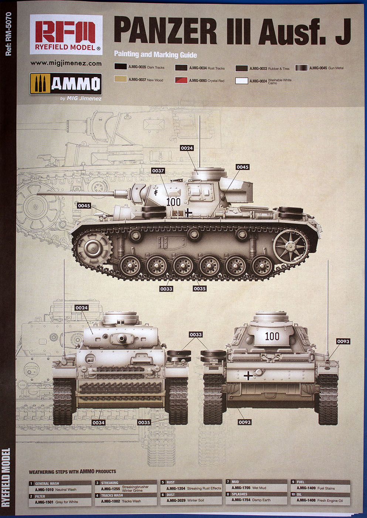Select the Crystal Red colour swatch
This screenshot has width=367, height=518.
tap(181, 80)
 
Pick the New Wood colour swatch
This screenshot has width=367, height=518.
tap(120, 80)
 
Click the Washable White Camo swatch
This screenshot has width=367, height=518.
tap(241, 81)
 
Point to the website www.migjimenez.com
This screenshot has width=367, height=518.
tap(66, 63)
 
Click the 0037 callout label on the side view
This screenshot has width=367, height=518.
tap(158, 171)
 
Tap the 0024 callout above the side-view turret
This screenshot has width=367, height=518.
tap(187, 148)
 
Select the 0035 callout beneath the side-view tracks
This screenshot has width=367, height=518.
tap(200, 289)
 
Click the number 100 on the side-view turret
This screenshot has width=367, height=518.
tap(173, 202)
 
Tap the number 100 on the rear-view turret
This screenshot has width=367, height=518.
tap(272, 336)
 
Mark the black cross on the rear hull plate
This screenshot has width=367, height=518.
tap(248, 376)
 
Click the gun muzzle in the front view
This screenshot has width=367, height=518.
tap(122, 338)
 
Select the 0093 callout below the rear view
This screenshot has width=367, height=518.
tap(244, 422)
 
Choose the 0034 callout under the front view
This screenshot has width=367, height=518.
tap(98, 423)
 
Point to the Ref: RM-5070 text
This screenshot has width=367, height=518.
tap(8, 34)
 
